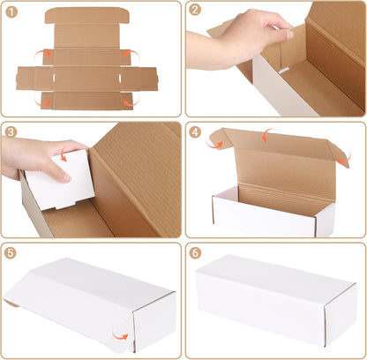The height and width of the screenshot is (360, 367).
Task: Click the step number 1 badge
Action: (x=11, y=11)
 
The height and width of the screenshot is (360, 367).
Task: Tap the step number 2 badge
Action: (x=195, y=11)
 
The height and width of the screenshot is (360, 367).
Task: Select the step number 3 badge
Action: (x=11, y=131)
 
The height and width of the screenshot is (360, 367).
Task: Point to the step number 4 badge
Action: (x=195, y=131)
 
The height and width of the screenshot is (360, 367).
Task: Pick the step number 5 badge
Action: (x=11, y=251)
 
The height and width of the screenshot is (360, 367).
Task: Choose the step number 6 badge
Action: (x=195, y=251)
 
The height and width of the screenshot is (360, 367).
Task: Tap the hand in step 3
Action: (x=40, y=159)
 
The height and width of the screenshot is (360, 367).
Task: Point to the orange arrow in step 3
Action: (x=63, y=156)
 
